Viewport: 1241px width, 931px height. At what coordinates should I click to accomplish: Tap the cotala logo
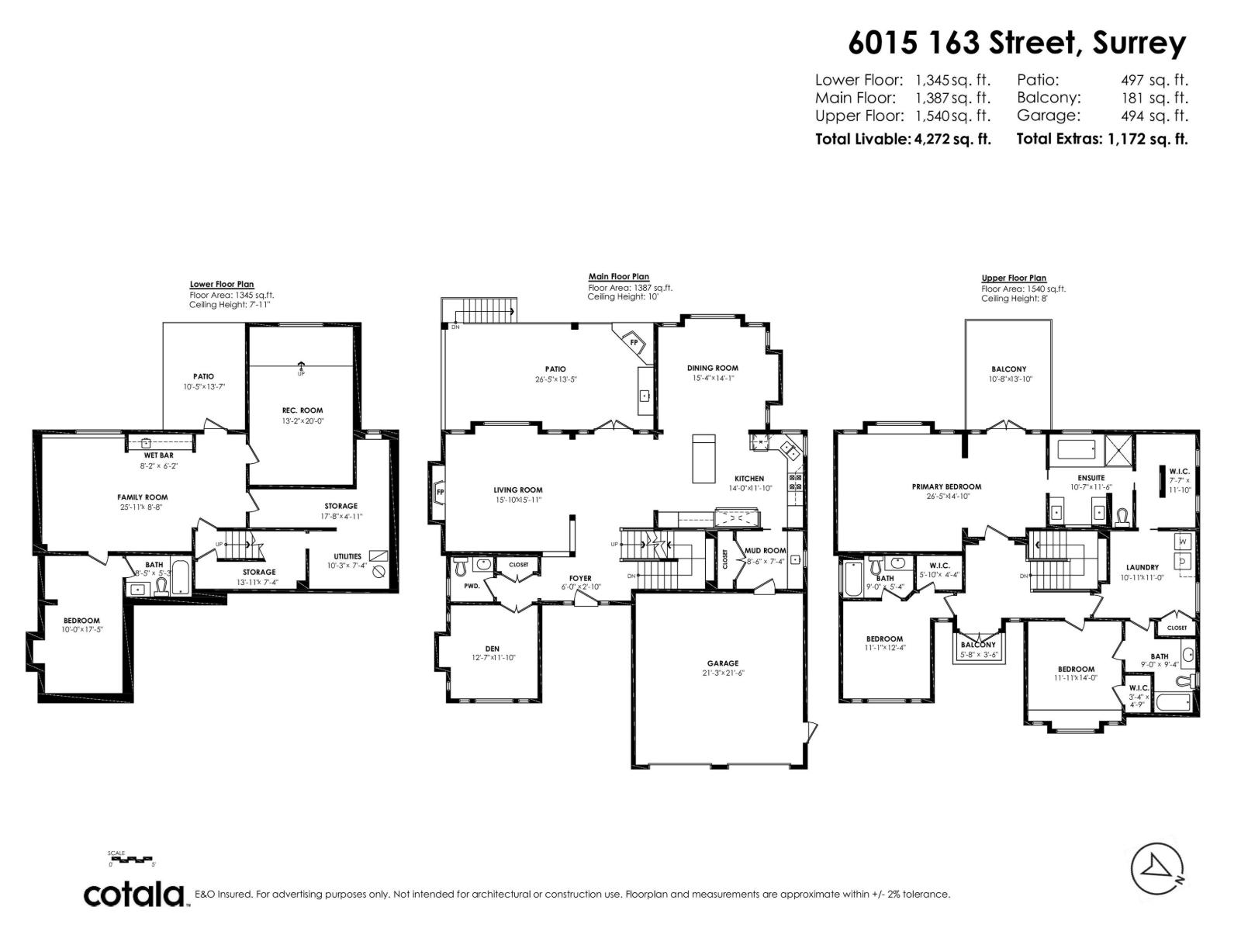coord(133,895)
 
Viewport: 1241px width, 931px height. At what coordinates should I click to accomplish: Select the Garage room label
coord(722,663)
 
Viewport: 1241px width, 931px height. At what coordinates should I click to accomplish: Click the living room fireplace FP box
coord(439,492)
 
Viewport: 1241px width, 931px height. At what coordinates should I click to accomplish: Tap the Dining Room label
coord(712,368)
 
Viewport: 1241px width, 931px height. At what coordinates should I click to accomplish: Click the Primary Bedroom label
coord(946,486)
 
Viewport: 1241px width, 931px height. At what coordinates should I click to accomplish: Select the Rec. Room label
coord(302,410)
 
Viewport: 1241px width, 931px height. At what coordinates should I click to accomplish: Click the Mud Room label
coord(765,550)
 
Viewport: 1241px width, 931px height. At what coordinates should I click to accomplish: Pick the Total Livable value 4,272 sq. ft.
coord(952,140)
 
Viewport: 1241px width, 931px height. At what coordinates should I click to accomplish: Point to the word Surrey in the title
coord(1139,43)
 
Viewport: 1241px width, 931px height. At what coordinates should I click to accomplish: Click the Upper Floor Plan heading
coord(1013,278)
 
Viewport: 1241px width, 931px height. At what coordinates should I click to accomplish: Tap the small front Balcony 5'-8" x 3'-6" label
coord(977,645)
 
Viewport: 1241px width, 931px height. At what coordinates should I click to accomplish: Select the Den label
coord(492,649)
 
